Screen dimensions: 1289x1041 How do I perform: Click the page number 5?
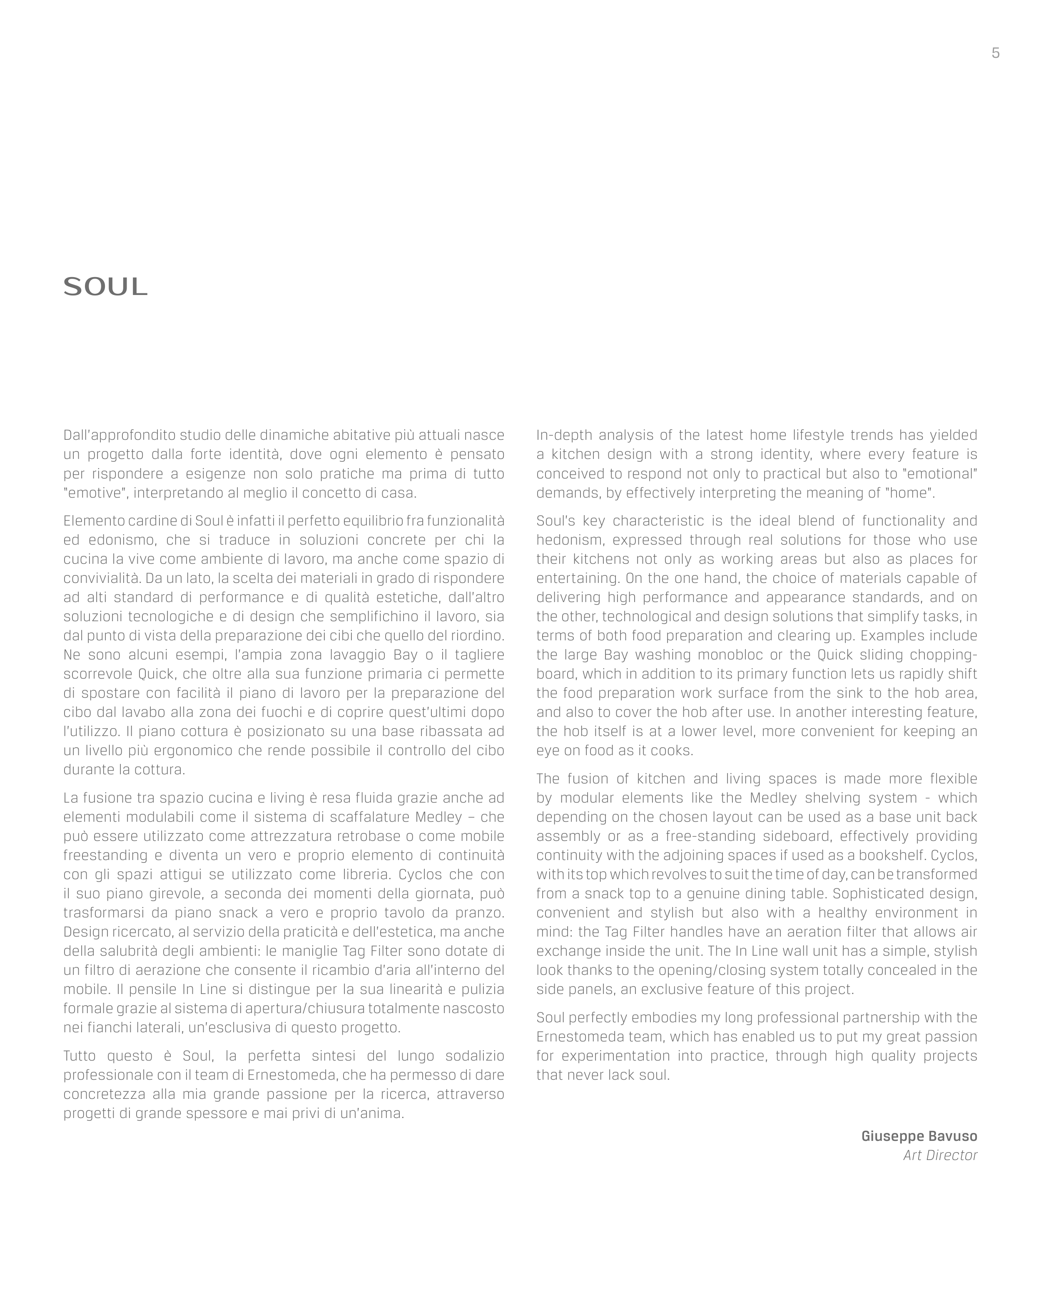(x=996, y=53)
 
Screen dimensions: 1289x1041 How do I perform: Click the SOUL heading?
(x=105, y=287)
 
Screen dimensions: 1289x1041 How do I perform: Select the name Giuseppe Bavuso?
(x=919, y=1136)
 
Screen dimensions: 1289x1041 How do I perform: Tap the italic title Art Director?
(x=940, y=1155)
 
